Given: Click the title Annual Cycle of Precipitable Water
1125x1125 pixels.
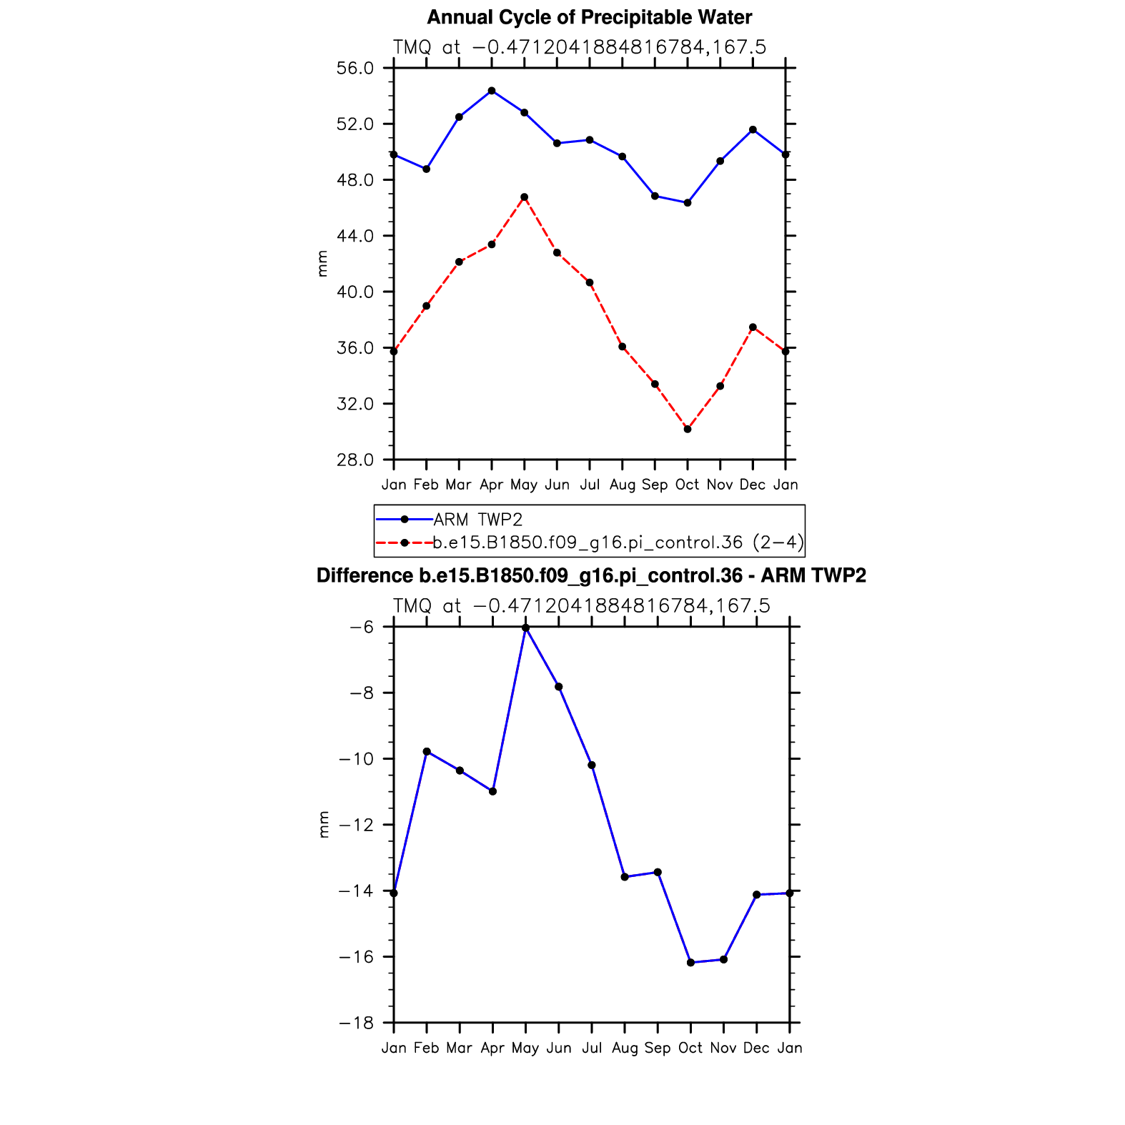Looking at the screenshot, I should point(589,17).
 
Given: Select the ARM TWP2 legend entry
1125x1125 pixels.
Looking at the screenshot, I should point(477,520).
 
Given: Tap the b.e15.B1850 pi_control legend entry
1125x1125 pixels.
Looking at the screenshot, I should point(618,542).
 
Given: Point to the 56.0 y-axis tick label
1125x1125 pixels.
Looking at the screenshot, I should point(355,69).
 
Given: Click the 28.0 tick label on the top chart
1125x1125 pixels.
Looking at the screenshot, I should point(355,460).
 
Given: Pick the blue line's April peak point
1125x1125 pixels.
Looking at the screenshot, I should point(492,91).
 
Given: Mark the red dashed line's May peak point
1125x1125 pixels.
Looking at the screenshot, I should point(525,197).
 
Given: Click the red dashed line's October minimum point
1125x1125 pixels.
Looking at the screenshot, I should point(688,429).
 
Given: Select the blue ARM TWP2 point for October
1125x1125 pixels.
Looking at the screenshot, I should point(688,203).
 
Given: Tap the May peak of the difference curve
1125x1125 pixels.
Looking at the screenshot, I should point(526,628).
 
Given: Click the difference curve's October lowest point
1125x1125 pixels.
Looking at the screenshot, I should point(690,963).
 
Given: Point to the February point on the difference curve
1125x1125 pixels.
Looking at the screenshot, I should point(427,751).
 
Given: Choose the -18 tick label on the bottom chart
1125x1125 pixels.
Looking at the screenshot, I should point(356,1024).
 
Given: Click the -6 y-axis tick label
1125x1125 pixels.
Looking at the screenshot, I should point(362,628).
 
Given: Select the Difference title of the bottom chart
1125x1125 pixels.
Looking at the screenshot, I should point(591,576).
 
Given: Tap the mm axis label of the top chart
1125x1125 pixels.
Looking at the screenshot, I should point(323,264).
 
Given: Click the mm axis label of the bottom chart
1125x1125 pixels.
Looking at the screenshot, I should point(324,825).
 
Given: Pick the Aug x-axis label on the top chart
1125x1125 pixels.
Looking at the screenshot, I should point(623,485).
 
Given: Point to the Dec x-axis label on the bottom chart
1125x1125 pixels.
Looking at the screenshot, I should point(756,1049).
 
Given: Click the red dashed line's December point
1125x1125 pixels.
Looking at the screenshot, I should point(753,327).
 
